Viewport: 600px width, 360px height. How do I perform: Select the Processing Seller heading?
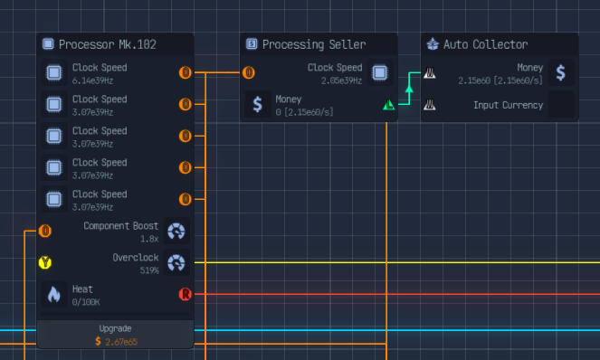[x=314, y=44]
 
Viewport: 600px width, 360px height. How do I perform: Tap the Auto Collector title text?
[x=485, y=44]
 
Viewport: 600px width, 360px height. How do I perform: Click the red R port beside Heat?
[x=186, y=294]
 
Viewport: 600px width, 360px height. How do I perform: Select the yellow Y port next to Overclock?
[x=44, y=263]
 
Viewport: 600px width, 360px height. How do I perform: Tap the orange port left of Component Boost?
[x=44, y=231]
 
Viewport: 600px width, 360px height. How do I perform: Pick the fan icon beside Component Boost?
[x=177, y=232]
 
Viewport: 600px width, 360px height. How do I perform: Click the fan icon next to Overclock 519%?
[x=177, y=263]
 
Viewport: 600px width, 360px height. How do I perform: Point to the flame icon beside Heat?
[x=54, y=295]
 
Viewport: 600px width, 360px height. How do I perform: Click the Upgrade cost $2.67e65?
[x=117, y=341]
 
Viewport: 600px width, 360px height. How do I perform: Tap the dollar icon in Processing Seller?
[x=258, y=104]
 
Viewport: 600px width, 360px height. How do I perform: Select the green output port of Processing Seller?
[x=388, y=105]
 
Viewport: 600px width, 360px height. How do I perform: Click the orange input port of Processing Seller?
[x=249, y=73]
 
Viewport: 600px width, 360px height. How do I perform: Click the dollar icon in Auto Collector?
[x=560, y=73]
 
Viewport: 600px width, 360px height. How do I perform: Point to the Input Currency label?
[x=508, y=105]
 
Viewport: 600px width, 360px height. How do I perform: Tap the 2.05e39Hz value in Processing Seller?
[x=342, y=81]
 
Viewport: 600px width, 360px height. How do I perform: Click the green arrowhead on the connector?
[x=408, y=89]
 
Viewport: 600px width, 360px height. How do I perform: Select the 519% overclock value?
[x=148, y=270]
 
